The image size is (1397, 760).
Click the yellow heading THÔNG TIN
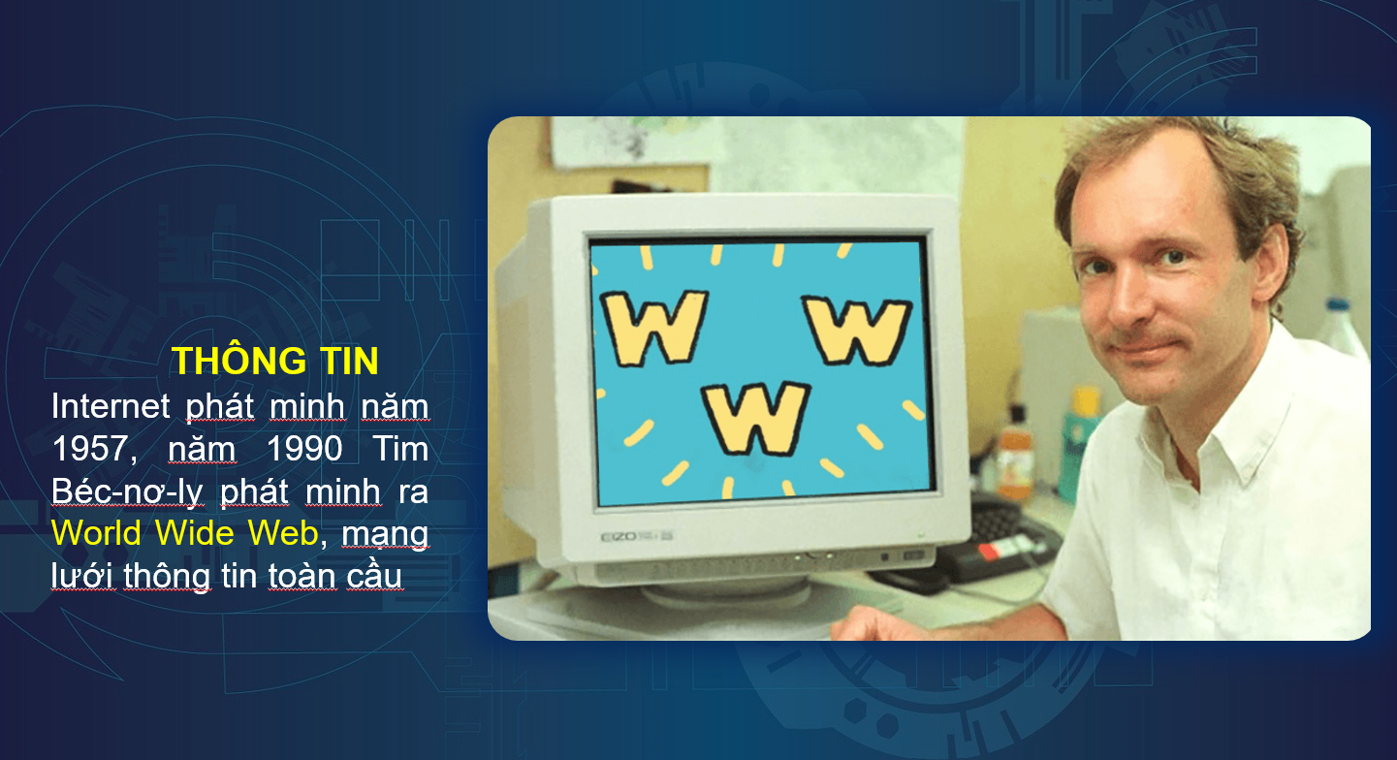pyautogui.click(x=275, y=360)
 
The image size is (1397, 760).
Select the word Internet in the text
pyautogui.click(x=111, y=406)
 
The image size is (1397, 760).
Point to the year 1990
pyautogui.click(x=304, y=449)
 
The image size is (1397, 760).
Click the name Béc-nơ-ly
pyautogui.click(x=128, y=491)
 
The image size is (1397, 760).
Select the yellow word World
pyautogui.click(x=97, y=534)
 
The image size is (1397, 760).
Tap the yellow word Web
pyautogui.click(x=284, y=534)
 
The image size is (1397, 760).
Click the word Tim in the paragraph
pyautogui.click(x=401, y=449)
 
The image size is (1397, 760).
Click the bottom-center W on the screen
pyautogui.click(x=756, y=419)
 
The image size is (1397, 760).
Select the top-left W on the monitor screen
pyautogui.click(x=654, y=328)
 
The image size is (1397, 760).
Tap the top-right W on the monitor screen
pyautogui.click(x=858, y=330)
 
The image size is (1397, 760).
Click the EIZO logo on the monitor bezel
pyautogui.click(x=619, y=537)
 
